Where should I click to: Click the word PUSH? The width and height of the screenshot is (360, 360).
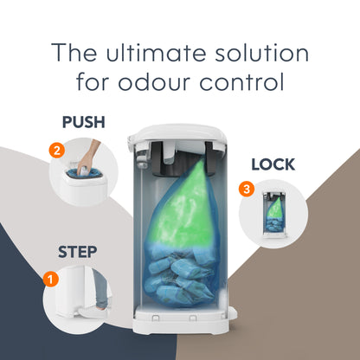84,122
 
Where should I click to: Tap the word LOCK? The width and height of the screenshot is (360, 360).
273,164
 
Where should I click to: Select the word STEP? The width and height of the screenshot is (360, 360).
77,252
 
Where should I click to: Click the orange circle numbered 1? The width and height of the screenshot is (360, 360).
51,280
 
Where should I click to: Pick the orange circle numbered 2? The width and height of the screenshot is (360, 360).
57,151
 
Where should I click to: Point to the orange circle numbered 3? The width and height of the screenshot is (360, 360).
247,190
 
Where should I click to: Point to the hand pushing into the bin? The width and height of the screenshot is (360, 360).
87,158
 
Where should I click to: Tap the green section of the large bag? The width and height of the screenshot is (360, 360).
184,206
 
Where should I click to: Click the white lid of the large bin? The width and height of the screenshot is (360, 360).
177,132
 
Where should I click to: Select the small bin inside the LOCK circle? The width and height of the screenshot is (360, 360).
274,214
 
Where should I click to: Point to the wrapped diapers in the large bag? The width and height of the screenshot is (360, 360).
181,277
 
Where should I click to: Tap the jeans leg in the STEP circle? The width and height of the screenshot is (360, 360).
101,288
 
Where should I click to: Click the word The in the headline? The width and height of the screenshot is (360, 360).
74,52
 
